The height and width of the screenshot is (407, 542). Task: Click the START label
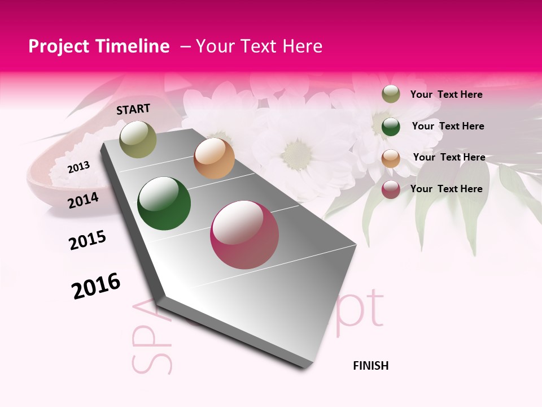point(133,109)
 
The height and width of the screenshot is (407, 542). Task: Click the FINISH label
point(370,366)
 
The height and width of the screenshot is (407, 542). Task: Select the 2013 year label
point(78,167)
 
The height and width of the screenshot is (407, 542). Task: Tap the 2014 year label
point(83,200)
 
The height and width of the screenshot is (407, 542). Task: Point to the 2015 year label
point(87,240)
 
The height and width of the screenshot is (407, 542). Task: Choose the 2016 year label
point(96,285)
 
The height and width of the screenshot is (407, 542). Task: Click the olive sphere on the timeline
point(138,140)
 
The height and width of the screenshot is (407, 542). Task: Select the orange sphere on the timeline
point(214,158)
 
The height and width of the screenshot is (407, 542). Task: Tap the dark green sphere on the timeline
point(164,203)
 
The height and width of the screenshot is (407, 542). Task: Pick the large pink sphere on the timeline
point(244,235)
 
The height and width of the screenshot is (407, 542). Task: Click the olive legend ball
point(391,94)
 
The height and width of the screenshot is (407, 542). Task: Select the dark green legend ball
point(391,127)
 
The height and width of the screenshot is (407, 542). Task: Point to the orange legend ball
point(391,158)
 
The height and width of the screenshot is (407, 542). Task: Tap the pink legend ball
point(391,189)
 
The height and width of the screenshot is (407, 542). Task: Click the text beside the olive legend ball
point(446,94)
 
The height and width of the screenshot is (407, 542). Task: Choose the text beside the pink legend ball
point(446,189)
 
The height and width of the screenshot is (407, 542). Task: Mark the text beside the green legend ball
point(448,126)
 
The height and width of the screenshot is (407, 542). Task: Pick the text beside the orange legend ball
point(449,157)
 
